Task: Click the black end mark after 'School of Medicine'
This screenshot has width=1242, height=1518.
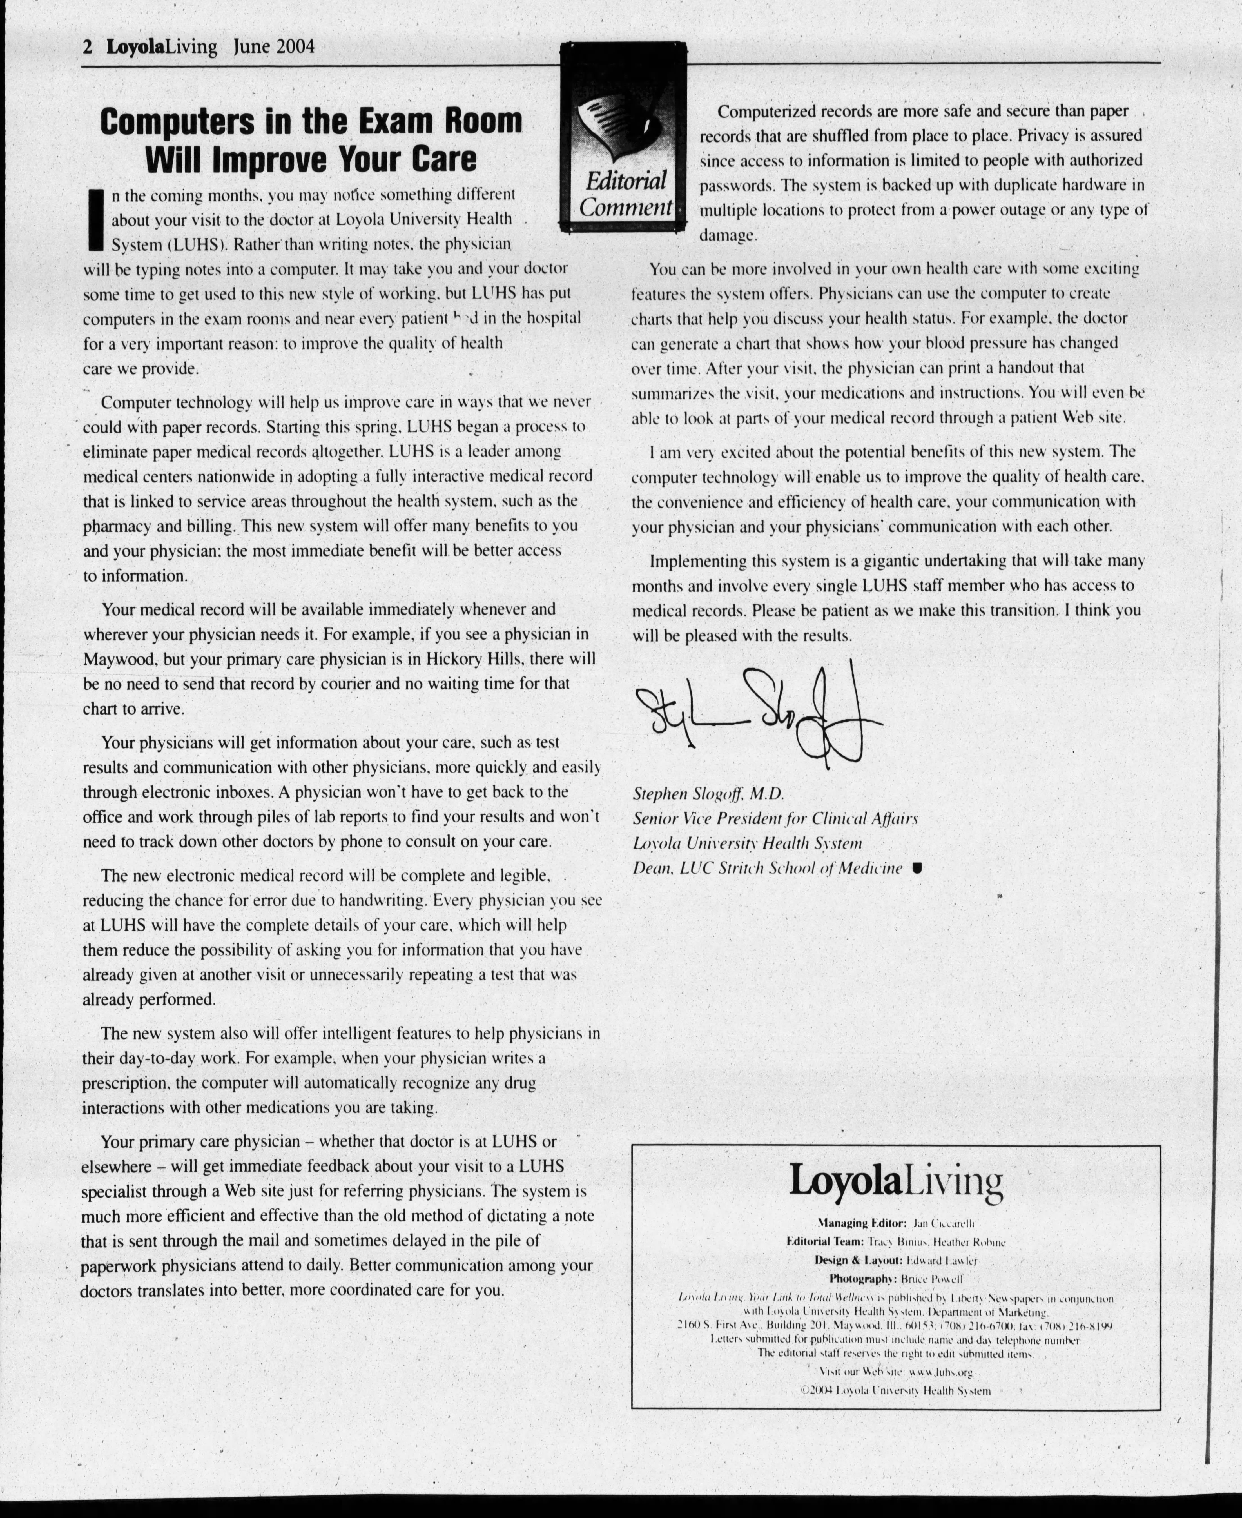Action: [x=917, y=868]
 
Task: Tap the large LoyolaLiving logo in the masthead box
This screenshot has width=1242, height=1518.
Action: [x=896, y=1181]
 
